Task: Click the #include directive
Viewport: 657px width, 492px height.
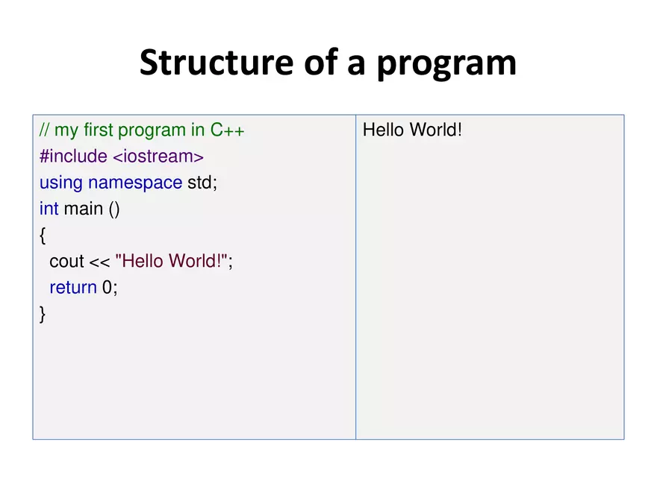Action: pyautogui.click(x=73, y=157)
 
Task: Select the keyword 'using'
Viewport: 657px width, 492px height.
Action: pyautogui.click(x=61, y=183)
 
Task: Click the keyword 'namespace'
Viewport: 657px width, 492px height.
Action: pyautogui.click(x=135, y=183)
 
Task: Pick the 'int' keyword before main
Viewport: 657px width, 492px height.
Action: pyautogui.click(x=49, y=209)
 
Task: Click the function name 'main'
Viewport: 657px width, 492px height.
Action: pyautogui.click(x=84, y=209)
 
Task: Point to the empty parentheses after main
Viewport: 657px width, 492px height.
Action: pyautogui.click(x=113, y=209)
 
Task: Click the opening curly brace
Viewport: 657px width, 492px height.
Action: pyautogui.click(x=43, y=236)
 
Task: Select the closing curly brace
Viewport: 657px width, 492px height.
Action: pyautogui.click(x=43, y=315)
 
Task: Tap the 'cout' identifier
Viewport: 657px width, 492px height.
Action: pyautogui.click(x=66, y=262)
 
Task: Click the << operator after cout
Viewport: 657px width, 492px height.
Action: pyautogui.click(x=99, y=262)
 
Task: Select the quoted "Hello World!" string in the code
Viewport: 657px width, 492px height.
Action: pyautogui.click(x=171, y=261)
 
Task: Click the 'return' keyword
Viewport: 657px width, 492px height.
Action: pyautogui.click(x=73, y=288)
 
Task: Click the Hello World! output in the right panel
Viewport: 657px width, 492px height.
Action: pyautogui.click(x=412, y=130)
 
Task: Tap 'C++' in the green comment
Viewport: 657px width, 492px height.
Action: pyautogui.click(x=227, y=130)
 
